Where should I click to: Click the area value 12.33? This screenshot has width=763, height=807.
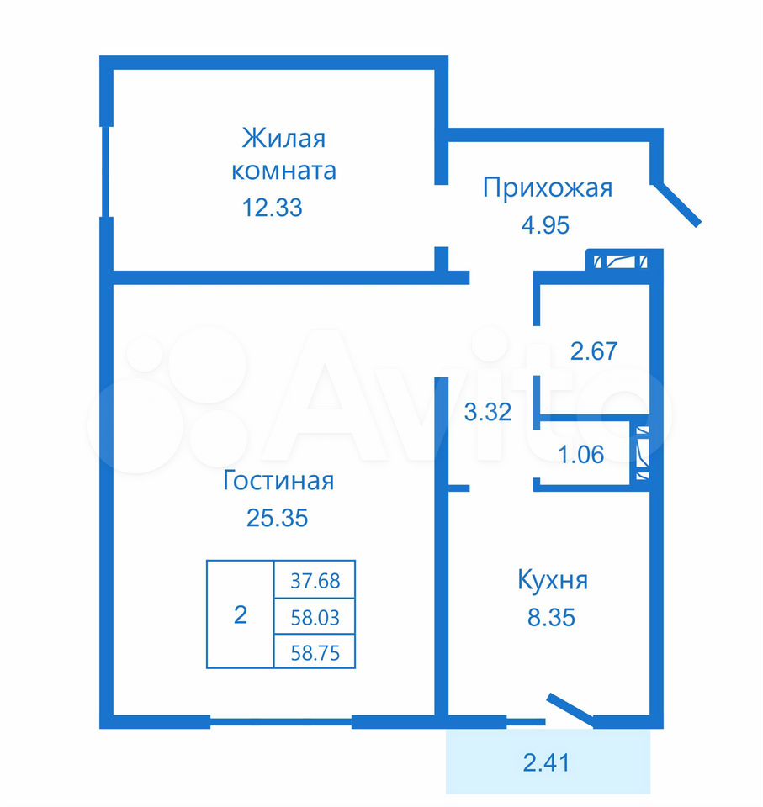(272, 208)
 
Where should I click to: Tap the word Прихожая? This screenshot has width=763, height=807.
(548, 188)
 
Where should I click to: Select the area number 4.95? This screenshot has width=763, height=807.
(545, 225)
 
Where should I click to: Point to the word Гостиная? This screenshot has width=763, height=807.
(278, 480)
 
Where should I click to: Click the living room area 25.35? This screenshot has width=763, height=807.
(277, 518)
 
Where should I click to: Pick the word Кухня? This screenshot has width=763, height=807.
(553, 581)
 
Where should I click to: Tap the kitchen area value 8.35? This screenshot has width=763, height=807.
(551, 617)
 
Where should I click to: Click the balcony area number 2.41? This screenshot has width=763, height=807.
(546, 762)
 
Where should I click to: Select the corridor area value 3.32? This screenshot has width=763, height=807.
(487, 412)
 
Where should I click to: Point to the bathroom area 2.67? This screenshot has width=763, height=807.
(594, 351)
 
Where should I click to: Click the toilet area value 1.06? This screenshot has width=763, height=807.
(580, 455)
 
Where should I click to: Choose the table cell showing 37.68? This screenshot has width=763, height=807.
(315, 579)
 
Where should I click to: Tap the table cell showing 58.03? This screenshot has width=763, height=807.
(315, 616)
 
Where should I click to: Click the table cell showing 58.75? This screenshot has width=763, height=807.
(315, 651)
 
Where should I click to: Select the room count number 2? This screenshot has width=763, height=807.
(240, 614)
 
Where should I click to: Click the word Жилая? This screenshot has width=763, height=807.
(283, 139)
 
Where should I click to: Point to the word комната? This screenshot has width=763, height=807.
(283, 171)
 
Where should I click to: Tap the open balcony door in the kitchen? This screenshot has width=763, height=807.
(570, 710)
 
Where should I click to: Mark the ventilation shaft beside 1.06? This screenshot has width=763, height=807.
(642, 453)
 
